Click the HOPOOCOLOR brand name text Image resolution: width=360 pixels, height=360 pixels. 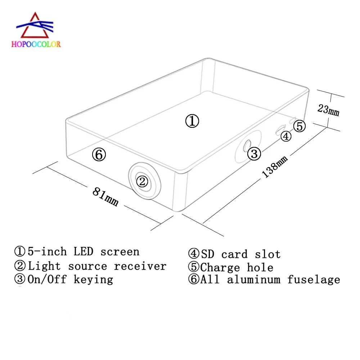click(x=36, y=44)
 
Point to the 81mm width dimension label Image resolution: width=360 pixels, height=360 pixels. click(x=105, y=197)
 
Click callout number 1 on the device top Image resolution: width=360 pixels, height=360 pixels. click(x=192, y=121)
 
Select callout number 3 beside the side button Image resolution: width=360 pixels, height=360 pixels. click(x=254, y=154)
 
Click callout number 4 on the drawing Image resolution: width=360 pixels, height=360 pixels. click(x=285, y=136)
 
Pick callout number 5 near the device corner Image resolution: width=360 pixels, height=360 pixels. click(x=300, y=126)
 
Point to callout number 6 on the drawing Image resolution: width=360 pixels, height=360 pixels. click(x=99, y=155)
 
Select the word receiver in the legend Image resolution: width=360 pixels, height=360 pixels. click(x=140, y=266)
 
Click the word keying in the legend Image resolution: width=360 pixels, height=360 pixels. click(x=93, y=279)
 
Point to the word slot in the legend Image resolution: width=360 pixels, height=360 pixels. click(x=267, y=255)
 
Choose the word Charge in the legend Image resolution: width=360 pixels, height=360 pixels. click(x=220, y=267)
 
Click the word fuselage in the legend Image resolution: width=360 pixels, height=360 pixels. click(x=314, y=280)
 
